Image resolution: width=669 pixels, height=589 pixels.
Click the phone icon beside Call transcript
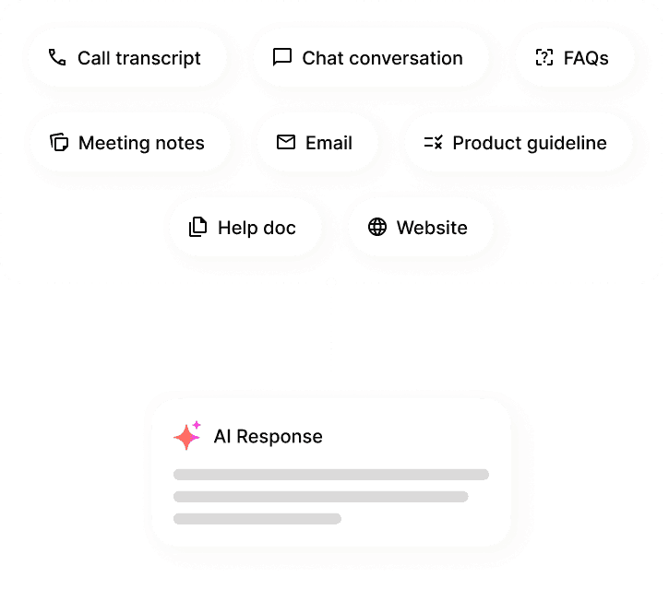57,57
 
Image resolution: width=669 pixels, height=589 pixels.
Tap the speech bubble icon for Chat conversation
282,57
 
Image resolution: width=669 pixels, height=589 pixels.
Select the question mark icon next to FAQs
544,57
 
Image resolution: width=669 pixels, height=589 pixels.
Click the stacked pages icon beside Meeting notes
59,142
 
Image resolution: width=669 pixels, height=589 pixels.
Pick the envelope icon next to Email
286,142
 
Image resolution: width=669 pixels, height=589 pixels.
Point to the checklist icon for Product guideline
433,142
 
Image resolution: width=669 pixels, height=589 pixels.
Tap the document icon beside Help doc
198,227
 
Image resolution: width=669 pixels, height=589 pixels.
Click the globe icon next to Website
377,227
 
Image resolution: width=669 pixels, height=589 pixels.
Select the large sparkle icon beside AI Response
186,436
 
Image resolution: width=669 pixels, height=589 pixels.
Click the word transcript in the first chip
158,58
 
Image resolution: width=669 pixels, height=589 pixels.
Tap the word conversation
406,58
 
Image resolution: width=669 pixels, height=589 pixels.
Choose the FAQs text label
586,58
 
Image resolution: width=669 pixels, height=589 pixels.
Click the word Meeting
113,143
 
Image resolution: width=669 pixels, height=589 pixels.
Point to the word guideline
567,143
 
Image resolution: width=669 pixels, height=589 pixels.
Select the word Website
432,228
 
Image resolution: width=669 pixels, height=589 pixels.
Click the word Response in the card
280,436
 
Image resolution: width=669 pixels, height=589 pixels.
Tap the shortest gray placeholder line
257,519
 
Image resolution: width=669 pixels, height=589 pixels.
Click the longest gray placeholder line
331,475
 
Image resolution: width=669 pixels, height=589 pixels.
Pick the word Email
329,143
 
